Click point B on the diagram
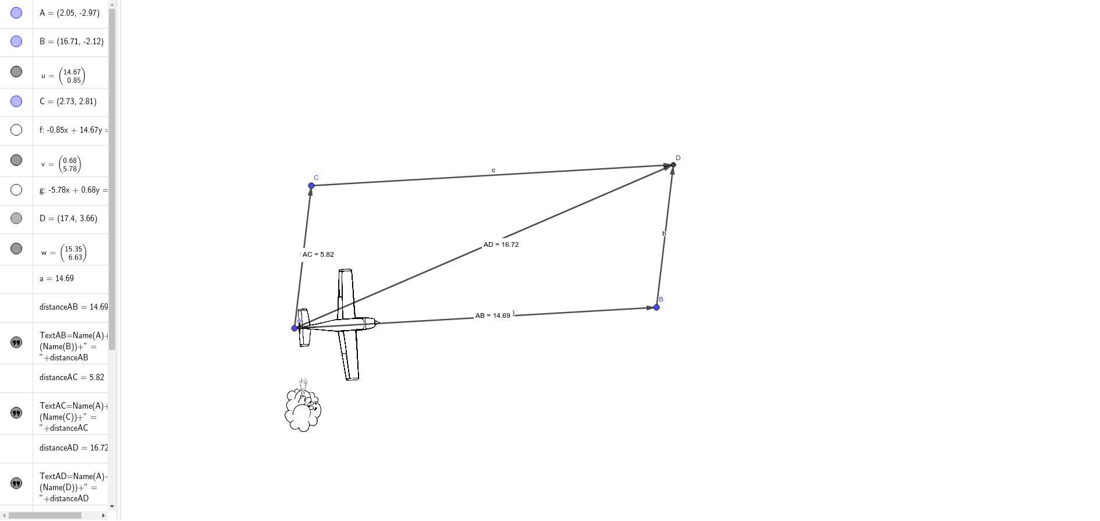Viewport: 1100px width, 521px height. [x=657, y=307]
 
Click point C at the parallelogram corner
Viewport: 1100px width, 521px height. [x=311, y=186]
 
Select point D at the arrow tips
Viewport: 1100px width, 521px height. [x=673, y=165]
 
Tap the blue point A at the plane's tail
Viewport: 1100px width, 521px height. [x=294, y=328]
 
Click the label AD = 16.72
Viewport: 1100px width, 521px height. [x=501, y=244]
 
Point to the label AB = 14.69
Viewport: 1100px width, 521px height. [x=492, y=316]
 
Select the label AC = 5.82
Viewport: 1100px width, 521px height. [x=318, y=254]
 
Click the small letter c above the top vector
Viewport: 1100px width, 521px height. [x=494, y=171]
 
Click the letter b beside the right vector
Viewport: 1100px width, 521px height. [x=664, y=233]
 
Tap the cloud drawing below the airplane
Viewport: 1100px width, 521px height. [x=303, y=411]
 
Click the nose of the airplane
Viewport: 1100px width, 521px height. [x=377, y=322]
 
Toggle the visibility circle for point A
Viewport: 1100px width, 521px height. [x=16, y=13]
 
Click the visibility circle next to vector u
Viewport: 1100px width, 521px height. [x=16, y=72]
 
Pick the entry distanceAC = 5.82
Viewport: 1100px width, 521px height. [x=72, y=377]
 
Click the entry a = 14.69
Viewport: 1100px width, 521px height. [x=56, y=278]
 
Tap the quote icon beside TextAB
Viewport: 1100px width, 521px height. [x=16, y=342]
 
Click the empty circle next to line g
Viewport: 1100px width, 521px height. [x=16, y=190]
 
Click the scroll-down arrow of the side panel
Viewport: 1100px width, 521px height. [x=112, y=506]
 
